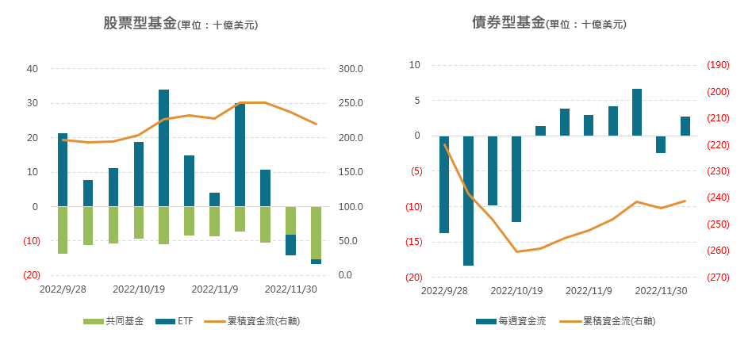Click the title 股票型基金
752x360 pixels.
click(140, 23)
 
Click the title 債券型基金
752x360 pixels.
click(508, 22)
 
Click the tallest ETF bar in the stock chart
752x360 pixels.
click(163, 147)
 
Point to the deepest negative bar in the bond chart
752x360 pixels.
click(468, 201)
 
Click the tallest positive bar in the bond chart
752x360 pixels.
click(637, 112)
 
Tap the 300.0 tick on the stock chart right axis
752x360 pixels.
click(351, 69)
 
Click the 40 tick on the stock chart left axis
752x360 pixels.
click(33, 69)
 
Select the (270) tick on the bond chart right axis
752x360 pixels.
click(718, 278)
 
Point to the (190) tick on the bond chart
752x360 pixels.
click(718, 65)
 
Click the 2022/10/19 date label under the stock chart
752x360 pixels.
click(139, 290)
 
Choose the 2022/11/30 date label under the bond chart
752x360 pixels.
click(662, 290)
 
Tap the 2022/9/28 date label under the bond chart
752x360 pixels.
click(444, 290)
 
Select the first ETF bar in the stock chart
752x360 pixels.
click(63, 170)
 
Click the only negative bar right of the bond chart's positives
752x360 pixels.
click(661, 144)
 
